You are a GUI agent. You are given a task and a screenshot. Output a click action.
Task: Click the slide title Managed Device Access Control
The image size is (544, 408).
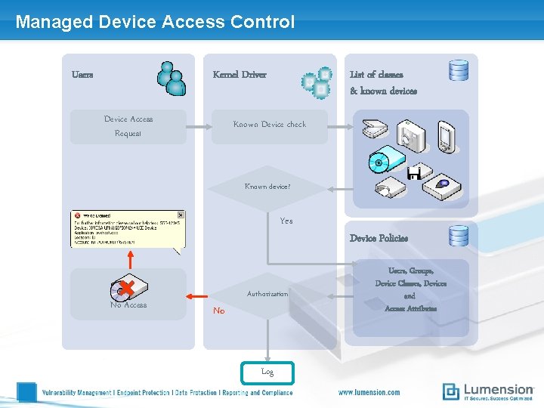(155, 22)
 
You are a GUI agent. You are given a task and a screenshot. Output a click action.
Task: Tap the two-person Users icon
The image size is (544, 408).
(172, 78)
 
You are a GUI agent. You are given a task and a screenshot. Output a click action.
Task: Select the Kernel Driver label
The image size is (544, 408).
(240, 74)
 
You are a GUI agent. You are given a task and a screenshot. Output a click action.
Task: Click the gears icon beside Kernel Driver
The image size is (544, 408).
(317, 82)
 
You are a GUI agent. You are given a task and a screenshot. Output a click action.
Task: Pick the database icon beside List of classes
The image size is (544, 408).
(459, 70)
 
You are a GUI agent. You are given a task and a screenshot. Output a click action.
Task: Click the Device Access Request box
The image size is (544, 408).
(128, 126)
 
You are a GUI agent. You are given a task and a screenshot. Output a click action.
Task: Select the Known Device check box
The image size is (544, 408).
(269, 125)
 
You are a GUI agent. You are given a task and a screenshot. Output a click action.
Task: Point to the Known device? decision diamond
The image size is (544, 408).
(267, 187)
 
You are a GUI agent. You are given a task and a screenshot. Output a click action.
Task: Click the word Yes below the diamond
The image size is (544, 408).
(286, 221)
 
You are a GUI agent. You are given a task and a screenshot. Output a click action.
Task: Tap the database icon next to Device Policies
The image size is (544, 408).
(459, 236)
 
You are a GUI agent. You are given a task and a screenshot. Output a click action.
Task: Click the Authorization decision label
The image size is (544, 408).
(267, 294)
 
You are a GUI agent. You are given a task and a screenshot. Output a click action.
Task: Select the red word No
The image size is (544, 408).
(218, 311)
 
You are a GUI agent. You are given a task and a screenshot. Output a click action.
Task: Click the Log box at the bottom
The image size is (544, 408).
(267, 372)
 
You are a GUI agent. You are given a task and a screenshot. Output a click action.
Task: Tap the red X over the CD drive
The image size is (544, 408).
(126, 288)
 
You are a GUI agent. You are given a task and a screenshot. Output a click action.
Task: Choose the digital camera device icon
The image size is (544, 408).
(413, 134)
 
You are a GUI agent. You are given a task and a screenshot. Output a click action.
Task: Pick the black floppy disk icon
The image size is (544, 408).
(414, 174)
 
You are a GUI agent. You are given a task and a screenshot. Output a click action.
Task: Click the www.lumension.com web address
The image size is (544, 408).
(369, 392)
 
